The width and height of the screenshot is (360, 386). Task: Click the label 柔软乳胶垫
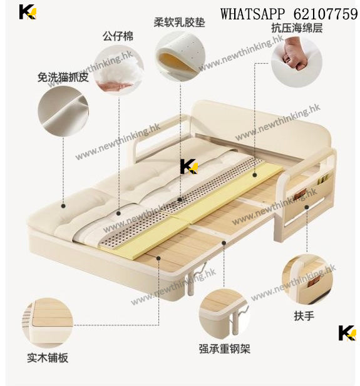(179, 23)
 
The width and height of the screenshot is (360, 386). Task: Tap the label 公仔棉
(118, 36)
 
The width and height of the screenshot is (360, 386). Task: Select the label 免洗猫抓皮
(63, 78)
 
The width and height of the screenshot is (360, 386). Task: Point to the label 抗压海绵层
(297, 28)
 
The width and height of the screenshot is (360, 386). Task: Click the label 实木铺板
(48, 358)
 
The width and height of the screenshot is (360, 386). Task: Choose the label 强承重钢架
(225, 348)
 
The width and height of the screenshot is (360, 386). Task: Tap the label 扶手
(304, 315)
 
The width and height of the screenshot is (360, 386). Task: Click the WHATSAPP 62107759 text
(289, 14)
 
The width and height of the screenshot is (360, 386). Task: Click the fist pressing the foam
(295, 54)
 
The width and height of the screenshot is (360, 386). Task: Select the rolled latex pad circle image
(180, 56)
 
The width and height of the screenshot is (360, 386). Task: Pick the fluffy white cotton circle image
(119, 70)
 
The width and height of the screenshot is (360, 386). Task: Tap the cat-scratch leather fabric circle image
(63, 111)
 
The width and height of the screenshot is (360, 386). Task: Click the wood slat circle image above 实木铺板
(48, 322)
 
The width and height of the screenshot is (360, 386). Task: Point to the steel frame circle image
(224, 313)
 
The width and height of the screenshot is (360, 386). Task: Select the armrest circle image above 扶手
(307, 280)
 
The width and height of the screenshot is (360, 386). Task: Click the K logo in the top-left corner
(28, 12)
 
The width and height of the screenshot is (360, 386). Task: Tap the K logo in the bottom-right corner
(347, 333)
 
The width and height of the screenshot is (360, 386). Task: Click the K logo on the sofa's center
(189, 166)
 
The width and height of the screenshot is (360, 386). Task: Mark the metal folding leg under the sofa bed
(195, 278)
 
